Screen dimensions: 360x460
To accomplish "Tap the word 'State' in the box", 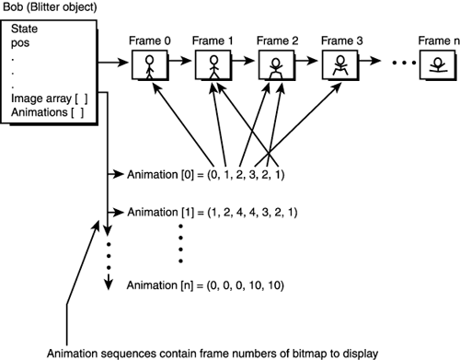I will point(25,28).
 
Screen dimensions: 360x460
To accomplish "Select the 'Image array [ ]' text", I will point(46,99).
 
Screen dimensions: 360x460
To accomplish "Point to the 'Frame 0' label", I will point(149,41).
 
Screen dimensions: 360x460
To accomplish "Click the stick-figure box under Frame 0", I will point(149,65).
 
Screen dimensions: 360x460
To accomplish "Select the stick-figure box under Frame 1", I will point(213,65).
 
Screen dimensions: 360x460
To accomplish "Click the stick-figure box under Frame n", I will point(436,65).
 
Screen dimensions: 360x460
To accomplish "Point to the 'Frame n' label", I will point(436,41).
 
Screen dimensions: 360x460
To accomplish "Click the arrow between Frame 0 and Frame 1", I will point(180,65).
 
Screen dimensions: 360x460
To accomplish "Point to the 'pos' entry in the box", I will point(20,42).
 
